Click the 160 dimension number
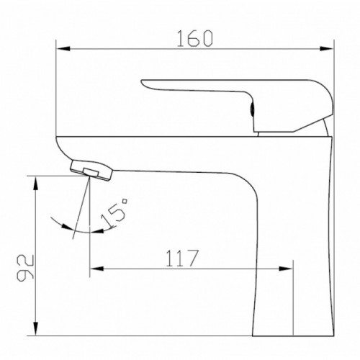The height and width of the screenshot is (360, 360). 194,38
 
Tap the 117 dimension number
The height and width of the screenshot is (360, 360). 182,258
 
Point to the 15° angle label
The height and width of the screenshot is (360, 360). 114,213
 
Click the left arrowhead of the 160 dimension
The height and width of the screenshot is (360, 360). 63,49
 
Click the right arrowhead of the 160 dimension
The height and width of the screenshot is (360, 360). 327,49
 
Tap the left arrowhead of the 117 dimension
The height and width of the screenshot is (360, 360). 96,269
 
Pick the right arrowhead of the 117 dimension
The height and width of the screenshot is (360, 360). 286,269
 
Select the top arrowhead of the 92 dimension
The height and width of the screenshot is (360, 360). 35,184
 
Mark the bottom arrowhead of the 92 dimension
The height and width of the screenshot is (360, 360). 35,328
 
